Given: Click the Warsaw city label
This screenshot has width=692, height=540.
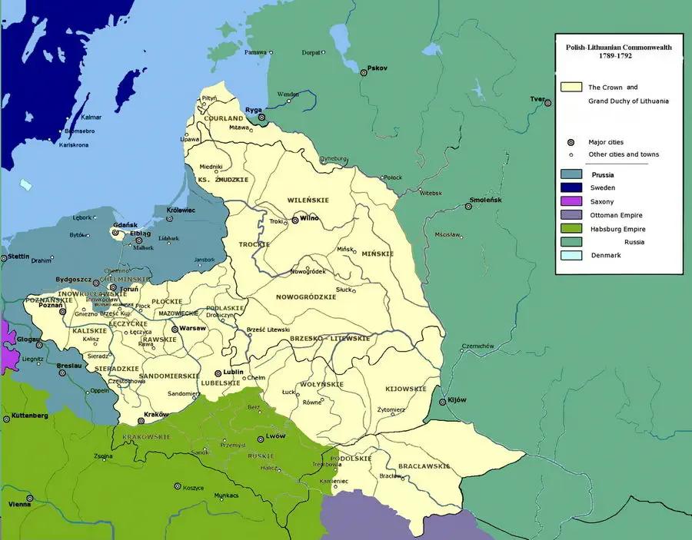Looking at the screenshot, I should tap(193, 328).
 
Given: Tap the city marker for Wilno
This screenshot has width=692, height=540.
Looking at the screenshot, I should tap(294, 220).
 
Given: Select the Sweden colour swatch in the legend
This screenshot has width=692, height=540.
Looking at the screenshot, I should tap(572, 187).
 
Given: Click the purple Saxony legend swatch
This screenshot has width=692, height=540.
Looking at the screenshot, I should tap(572, 201).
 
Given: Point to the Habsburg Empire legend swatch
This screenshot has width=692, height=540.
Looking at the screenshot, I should tap(572, 229).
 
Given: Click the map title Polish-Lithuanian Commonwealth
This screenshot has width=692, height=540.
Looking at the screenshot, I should tap(614, 47).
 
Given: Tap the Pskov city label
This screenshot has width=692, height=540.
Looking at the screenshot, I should tap(378, 68).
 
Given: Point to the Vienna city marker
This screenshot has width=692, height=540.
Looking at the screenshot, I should tap(28, 498).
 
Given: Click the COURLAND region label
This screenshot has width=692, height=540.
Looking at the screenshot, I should tap(224, 118).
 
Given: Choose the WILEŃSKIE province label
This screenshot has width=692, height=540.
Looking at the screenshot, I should tap(308, 200).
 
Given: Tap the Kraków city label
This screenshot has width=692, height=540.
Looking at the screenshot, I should tap(155, 414).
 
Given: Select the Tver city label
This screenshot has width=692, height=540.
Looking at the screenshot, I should tap(537, 99).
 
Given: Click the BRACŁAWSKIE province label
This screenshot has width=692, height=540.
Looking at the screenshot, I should tap(424, 466).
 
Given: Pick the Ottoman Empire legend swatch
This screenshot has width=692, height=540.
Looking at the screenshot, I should tap(572, 215).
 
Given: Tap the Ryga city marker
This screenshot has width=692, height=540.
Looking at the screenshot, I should tap(262, 119).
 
